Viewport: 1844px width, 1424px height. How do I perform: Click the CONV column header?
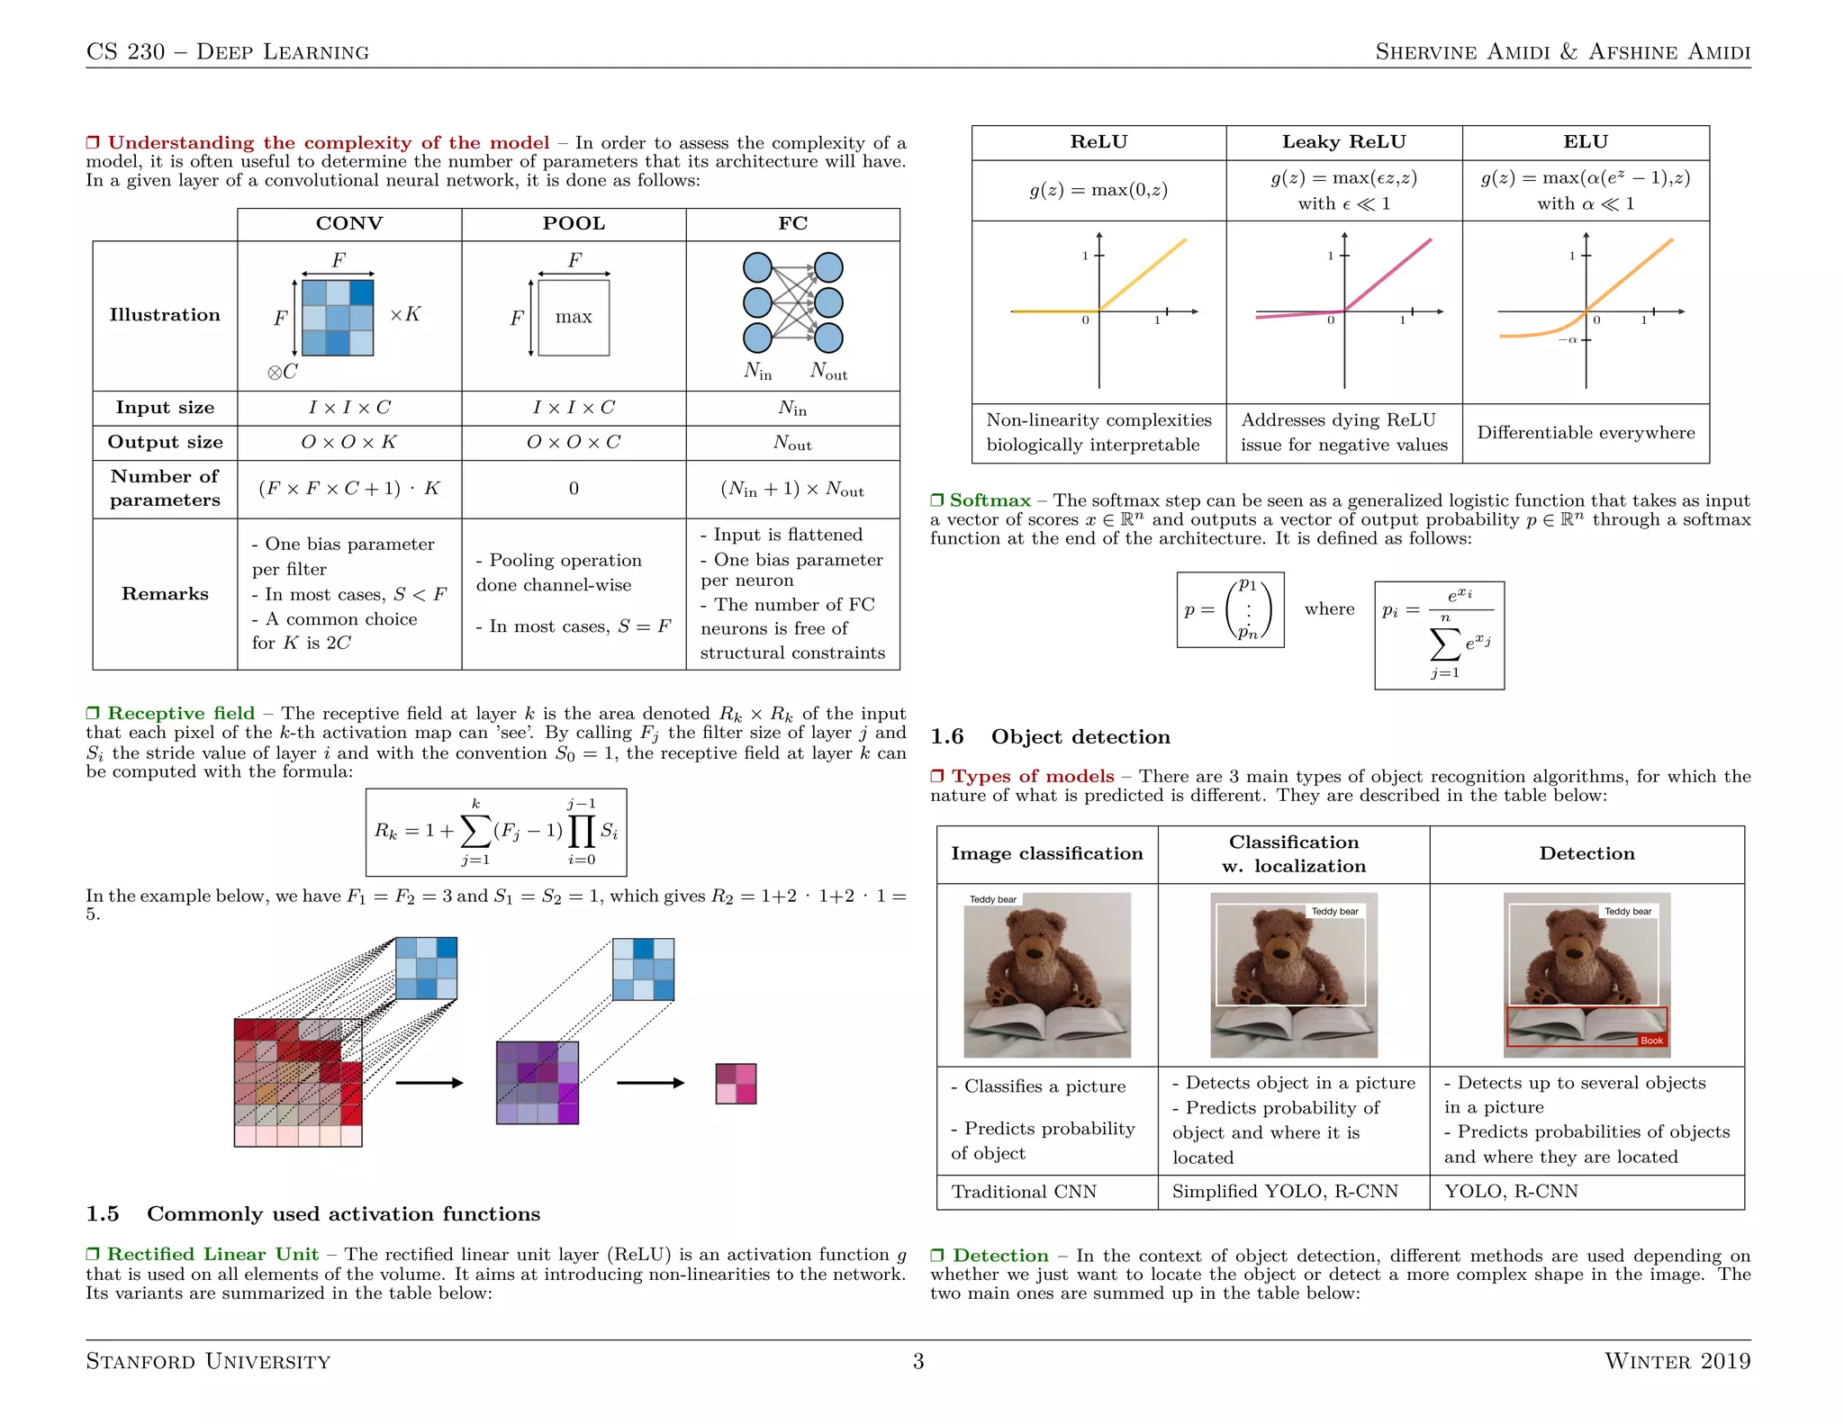[349, 224]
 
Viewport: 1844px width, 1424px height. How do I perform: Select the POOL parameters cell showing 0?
[574, 489]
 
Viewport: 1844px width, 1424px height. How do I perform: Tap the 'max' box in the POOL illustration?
[574, 318]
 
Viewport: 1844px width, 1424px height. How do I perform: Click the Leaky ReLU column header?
[1343, 142]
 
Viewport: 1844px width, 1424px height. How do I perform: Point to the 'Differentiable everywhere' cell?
[1586, 433]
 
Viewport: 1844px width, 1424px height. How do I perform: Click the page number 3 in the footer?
[918, 1361]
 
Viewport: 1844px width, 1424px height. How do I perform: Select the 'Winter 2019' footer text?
[1677, 1361]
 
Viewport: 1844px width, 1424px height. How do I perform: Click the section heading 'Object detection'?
[1080, 737]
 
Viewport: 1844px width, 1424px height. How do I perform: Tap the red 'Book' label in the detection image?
[1651, 1041]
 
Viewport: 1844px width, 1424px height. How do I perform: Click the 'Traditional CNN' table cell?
[1024, 1192]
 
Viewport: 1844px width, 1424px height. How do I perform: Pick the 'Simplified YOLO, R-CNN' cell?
[1285, 1192]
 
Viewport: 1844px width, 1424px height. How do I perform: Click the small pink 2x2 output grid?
[736, 1084]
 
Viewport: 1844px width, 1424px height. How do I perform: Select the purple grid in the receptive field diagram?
[538, 1083]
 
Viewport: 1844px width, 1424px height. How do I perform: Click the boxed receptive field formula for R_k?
[496, 833]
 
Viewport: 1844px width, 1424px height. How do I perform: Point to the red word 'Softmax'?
[990, 500]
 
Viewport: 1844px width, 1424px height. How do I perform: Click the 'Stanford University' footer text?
[208, 1361]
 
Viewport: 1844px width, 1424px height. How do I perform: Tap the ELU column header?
[1586, 142]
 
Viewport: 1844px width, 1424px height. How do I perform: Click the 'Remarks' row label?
[165, 594]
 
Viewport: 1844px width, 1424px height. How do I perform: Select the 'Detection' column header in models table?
[1586, 854]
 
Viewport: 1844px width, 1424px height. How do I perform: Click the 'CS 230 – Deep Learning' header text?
[228, 52]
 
